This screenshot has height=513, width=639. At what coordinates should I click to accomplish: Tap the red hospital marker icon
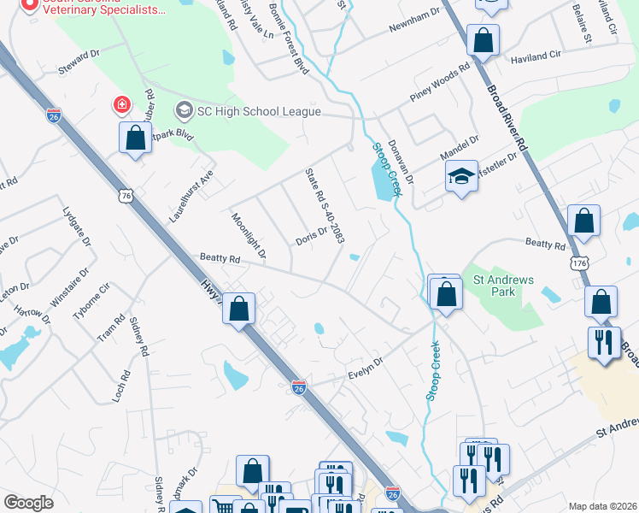[x=122, y=105]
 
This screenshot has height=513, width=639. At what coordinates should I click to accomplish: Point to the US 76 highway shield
[x=126, y=196]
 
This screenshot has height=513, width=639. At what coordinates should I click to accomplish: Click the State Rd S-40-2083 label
[x=325, y=206]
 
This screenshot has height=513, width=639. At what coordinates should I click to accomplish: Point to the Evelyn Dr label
[x=367, y=369]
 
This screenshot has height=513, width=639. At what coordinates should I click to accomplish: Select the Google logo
[x=28, y=503]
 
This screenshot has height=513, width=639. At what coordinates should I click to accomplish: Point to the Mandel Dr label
[x=460, y=146]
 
